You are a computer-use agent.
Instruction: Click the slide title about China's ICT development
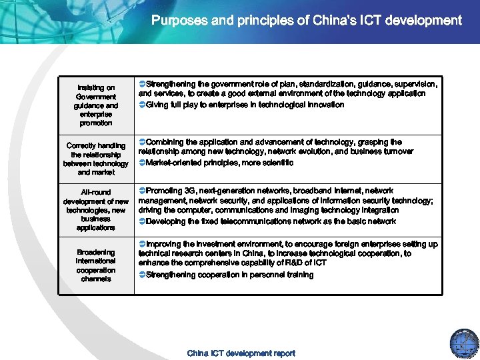coord(306,20)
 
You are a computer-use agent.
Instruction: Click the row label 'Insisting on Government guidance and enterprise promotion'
coord(96,105)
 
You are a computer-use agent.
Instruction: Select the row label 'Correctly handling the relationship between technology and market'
coord(96,159)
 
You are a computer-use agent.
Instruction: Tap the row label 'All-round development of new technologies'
coord(96,210)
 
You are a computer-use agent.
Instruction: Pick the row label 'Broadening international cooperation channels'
coord(96,265)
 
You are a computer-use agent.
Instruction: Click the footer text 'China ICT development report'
coord(241,353)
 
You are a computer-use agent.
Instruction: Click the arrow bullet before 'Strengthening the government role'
coord(142,84)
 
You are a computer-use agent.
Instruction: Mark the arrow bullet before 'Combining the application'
coord(142,142)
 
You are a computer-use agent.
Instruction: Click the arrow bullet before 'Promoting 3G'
coord(142,191)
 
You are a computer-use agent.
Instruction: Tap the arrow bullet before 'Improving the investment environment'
coord(142,245)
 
